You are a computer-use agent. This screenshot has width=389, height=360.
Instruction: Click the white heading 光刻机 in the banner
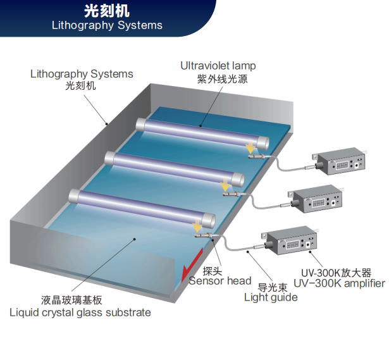(x=107, y=11)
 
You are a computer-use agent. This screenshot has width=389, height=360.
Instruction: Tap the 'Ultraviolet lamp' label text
(x=218, y=66)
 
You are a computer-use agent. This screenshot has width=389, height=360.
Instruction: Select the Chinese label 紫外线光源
(x=222, y=79)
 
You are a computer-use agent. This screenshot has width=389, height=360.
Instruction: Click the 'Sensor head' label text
(x=220, y=281)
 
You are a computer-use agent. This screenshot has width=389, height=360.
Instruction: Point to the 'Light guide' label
(x=271, y=297)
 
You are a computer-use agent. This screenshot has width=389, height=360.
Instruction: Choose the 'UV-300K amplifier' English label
(x=339, y=283)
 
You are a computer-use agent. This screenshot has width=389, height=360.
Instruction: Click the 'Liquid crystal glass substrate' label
(x=80, y=313)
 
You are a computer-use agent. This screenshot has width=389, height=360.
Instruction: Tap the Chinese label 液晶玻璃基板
(x=71, y=300)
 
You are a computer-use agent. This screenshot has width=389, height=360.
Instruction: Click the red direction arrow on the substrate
(x=192, y=265)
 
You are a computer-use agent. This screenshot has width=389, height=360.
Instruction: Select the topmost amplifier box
(x=340, y=161)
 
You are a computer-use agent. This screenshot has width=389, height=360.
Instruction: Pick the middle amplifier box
(x=316, y=199)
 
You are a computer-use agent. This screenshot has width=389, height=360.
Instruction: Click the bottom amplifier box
(x=290, y=240)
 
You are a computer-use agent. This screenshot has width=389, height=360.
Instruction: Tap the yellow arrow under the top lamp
(x=250, y=147)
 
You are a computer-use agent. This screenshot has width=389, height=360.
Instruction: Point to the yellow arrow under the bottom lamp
(x=197, y=225)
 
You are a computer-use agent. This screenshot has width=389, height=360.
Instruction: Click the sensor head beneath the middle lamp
(x=232, y=194)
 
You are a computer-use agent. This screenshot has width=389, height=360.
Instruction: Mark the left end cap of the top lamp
(x=140, y=124)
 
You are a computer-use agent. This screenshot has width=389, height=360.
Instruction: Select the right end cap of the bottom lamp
(x=208, y=220)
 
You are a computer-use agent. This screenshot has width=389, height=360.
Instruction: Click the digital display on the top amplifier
(x=342, y=165)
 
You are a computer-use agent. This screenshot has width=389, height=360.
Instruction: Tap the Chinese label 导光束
(x=273, y=287)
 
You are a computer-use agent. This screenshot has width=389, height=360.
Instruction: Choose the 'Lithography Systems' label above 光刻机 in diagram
(x=82, y=74)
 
